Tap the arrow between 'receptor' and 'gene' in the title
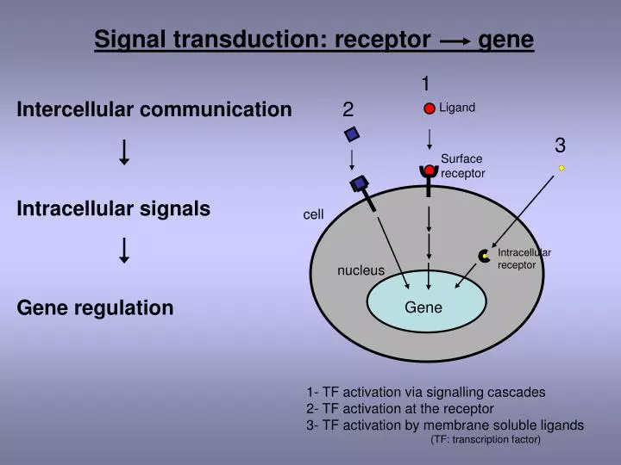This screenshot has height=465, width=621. (454, 40)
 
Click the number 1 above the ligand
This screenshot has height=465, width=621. (426, 84)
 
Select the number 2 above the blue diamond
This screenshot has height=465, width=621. (348, 109)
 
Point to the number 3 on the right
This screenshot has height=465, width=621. (560, 145)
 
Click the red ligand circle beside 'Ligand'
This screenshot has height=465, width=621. (430, 109)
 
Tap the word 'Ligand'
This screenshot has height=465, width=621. (457, 108)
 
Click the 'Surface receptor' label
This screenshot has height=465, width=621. (462, 166)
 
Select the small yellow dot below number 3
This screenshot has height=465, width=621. (561, 168)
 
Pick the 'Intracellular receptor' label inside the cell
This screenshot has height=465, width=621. (524, 258)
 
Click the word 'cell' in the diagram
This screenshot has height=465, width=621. (313, 214)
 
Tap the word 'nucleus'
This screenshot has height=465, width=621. (361, 270)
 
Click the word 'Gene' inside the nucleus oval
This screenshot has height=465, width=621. (423, 307)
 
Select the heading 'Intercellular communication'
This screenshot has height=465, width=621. (154, 109)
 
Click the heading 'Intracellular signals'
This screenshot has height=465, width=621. (114, 208)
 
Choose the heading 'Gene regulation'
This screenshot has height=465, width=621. (95, 307)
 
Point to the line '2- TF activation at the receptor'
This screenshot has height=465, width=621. (400, 408)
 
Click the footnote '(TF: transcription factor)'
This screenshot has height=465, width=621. (486, 440)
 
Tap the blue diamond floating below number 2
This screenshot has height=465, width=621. (351, 134)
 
